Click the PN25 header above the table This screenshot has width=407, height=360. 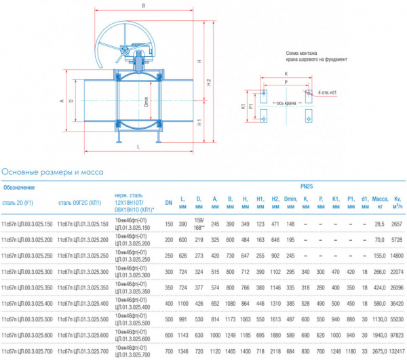(x=307, y=185)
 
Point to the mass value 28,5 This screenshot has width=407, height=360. (x=379, y=223)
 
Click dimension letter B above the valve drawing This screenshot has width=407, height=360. (x=143, y=7)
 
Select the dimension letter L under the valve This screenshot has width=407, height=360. (x=138, y=147)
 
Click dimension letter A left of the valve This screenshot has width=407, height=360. (x=62, y=101)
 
